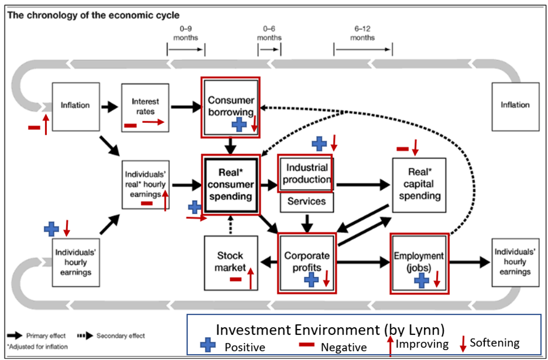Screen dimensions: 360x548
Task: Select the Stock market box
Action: [x=230, y=261]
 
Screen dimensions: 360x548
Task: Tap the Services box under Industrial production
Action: [x=307, y=201]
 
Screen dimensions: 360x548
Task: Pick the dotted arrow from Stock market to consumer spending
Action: [x=231, y=222]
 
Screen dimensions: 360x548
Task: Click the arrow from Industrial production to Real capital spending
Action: [x=363, y=184]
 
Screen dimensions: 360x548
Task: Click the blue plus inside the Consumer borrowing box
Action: [x=239, y=124]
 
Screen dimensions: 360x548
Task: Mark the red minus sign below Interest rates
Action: [x=131, y=125]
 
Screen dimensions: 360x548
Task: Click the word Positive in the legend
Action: [x=245, y=347]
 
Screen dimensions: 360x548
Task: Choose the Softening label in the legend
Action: [x=494, y=343]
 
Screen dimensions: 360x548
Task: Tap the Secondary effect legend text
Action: [x=121, y=336]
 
